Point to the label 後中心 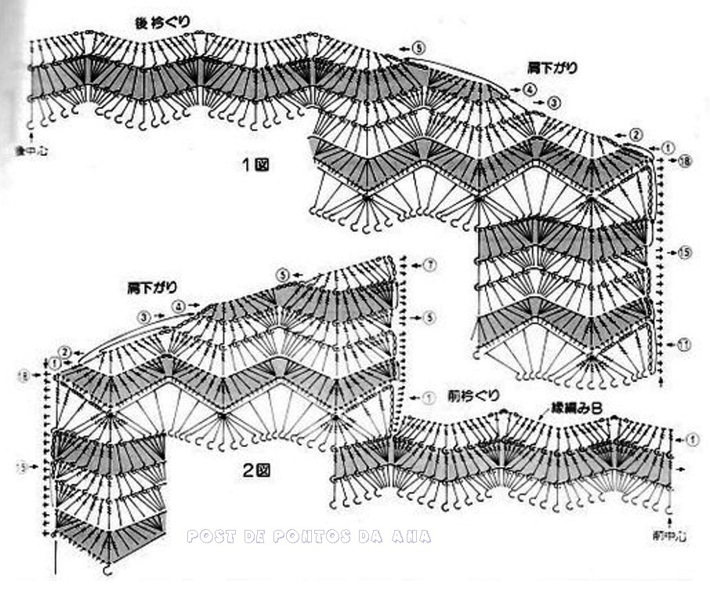click(31, 148)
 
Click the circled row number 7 click(429, 264)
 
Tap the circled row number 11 click(684, 344)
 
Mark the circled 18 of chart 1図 click(685, 161)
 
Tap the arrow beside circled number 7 click(412, 264)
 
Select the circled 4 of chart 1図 click(531, 89)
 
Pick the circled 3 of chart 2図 click(144, 317)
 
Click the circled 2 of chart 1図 click(636, 135)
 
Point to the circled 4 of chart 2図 click(179, 306)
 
